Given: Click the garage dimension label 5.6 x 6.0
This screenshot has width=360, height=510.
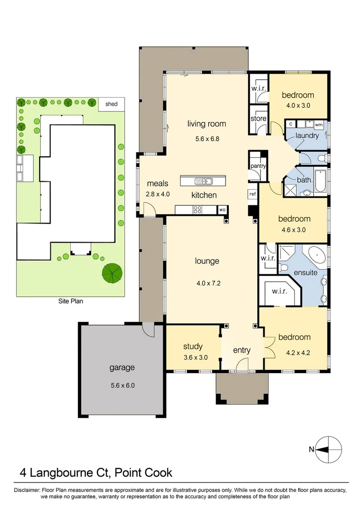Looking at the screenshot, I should (x=123, y=385).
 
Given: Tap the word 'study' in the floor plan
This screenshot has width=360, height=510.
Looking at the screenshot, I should (x=193, y=347).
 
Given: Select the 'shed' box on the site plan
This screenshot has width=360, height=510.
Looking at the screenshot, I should (x=111, y=104).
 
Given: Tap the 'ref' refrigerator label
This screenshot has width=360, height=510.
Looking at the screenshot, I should (x=252, y=194).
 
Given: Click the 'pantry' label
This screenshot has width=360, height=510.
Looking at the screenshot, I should (x=259, y=166).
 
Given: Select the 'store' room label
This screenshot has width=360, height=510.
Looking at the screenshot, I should (x=258, y=119).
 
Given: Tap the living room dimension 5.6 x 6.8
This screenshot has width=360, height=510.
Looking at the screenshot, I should (x=207, y=139).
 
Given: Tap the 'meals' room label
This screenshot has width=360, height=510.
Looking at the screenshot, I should (x=155, y=183).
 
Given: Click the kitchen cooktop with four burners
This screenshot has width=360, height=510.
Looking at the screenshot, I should (x=196, y=209).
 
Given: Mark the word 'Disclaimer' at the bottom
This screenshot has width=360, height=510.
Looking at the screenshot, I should (x=28, y=490).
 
